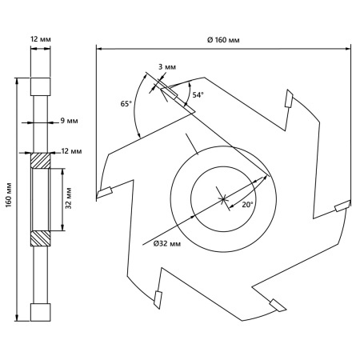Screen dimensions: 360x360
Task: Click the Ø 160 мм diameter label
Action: click(x=223, y=40)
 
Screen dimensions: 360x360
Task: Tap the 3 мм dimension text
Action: click(x=167, y=66)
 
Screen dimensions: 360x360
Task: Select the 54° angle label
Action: click(x=198, y=94)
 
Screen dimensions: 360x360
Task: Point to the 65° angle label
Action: click(x=126, y=104)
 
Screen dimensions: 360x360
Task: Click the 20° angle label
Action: click(x=247, y=205)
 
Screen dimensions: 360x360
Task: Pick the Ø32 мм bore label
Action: click(x=167, y=243)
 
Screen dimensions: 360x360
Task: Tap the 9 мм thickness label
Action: click(x=69, y=121)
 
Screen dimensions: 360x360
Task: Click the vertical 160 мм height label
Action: click(x=9, y=195)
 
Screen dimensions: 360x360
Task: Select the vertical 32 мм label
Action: click(x=69, y=198)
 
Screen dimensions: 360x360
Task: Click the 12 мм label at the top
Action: click(x=41, y=39)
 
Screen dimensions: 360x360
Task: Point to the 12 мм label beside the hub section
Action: click(x=71, y=151)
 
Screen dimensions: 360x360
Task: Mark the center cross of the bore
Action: click(x=222, y=198)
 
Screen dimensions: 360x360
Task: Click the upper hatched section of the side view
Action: click(x=41, y=161)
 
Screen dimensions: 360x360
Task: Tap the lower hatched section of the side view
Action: click(x=41, y=238)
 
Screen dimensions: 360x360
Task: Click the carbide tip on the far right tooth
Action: click(x=342, y=206)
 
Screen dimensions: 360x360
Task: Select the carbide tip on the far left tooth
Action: click(x=104, y=193)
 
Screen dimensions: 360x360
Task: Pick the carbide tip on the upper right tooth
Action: click(x=289, y=98)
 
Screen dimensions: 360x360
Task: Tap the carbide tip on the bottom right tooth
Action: click(x=278, y=306)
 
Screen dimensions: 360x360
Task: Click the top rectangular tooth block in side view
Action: click(x=41, y=86)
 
